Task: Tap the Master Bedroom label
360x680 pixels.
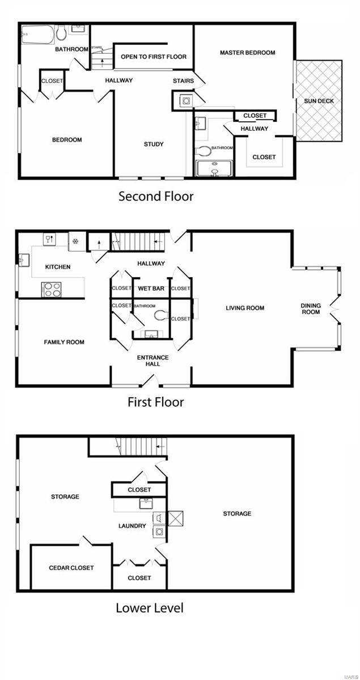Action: point(247,53)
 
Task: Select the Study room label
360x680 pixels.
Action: point(153,144)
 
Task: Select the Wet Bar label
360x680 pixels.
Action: point(151,288)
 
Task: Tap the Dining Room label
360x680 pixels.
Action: point(311,309)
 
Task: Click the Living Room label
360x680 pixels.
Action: point(245,308)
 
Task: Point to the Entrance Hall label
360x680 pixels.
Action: point(153,360)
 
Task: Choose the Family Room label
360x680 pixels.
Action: point(64,342)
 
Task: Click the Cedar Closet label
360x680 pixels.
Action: point(71,568)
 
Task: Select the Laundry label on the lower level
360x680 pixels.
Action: point(132,526)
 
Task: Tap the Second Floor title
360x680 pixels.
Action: point(155,197)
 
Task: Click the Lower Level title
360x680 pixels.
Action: point(149,608)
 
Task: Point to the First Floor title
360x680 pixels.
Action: point(155,402)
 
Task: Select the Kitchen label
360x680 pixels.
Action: point(58,267)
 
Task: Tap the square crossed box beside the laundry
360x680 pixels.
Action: point(176,518)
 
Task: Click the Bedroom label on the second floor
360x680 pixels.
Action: point(67,140)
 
